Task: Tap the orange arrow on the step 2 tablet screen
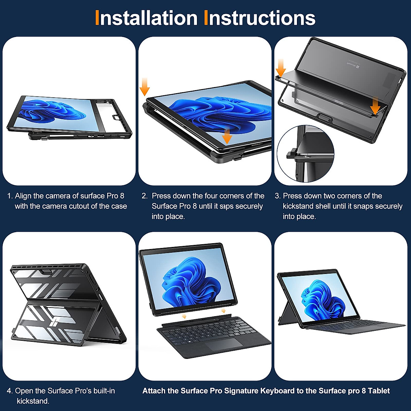pyautogui.click(x=227, y=136)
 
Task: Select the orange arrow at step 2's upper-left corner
pyautogui.click(x=145, y=87)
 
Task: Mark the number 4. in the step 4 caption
pyautogui.click(x=10, y=391)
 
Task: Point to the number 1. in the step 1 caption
pyautogui.click(x=10, y=196)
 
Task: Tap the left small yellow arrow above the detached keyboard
pyautogui.click(x=184, y=316)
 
